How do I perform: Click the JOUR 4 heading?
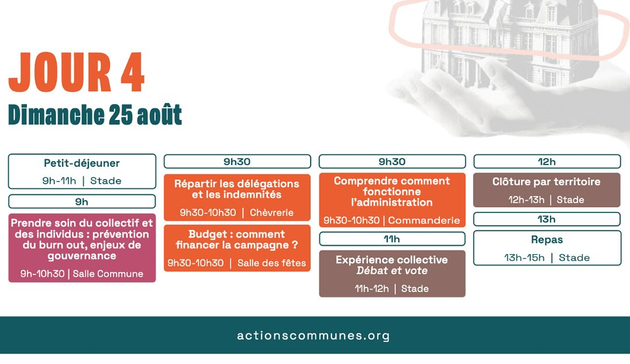77,73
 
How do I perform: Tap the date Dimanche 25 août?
95,115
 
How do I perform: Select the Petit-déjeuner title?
81,163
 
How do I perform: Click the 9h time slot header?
82,201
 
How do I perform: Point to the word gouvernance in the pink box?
82,256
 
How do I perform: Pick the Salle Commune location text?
108,274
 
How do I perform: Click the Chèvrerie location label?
271,212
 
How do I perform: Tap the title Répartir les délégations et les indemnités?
237,189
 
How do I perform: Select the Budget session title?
237,239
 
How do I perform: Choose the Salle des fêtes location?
271,263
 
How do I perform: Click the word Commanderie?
424,220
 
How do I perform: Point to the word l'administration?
392,202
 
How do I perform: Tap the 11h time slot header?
392,239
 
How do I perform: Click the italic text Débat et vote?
392,270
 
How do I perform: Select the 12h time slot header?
547,162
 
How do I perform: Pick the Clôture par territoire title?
546,181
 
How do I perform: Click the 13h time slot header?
547,219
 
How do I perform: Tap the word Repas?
547,239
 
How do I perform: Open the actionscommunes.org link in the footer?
314,335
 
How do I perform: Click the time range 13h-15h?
524,257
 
